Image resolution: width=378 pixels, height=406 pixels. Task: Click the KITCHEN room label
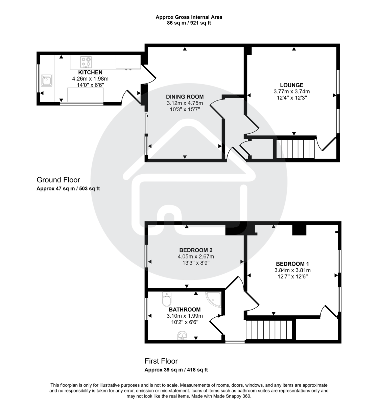90,72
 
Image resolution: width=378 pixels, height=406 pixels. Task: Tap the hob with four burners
86,62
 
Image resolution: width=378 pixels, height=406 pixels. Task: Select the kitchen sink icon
46,81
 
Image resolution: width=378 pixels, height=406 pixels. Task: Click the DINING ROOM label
185,97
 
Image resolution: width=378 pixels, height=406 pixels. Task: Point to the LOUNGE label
291,85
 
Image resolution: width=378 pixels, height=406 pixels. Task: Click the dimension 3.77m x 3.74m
291,91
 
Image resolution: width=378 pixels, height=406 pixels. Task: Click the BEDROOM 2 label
196,250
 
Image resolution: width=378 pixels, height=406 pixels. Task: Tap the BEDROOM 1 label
292,264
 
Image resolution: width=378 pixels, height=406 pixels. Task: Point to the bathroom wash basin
183,335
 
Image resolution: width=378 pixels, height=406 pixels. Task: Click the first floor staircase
268,330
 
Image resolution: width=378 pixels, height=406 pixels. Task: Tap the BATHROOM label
185,310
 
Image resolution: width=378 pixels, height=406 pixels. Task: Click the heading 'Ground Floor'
58,180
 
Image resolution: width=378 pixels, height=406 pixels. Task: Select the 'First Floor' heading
161,361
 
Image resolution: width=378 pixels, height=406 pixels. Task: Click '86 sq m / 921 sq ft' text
189,23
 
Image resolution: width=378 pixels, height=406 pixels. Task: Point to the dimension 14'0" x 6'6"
90,85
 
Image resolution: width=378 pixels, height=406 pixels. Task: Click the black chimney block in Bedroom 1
299,230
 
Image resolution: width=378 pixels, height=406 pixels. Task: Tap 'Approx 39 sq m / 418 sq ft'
176,370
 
